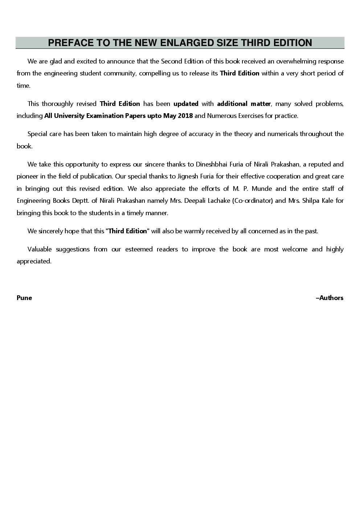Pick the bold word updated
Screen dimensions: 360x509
click(186, 104)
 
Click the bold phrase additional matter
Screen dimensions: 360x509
click(244, 104)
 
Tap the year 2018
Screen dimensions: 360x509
click(185, 116)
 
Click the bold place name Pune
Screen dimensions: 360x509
click(24, 298)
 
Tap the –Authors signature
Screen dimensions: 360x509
click(330, 298)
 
